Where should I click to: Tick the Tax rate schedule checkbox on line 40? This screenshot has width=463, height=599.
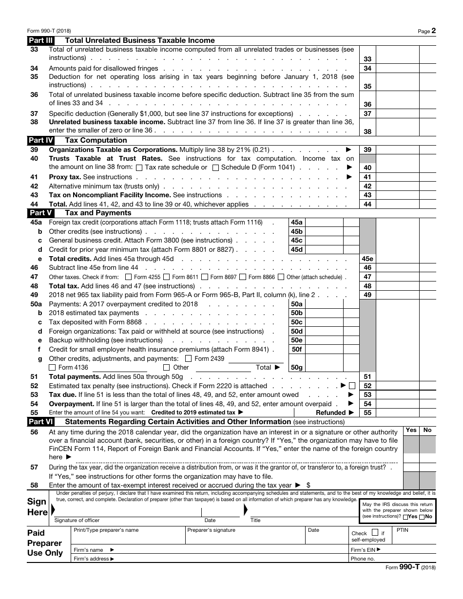139,168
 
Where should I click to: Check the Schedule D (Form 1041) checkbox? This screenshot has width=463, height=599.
215,168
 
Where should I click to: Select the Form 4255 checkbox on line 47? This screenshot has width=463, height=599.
129,277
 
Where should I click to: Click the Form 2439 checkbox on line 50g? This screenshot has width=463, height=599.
189,358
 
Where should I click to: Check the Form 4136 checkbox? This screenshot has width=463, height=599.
52,368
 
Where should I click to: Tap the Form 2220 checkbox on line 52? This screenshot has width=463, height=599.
352,386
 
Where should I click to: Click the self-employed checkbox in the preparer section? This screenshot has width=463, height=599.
375,533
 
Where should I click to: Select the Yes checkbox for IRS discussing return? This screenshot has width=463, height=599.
406,517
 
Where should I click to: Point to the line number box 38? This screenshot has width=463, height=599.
367,131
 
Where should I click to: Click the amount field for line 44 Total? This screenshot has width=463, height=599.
398,204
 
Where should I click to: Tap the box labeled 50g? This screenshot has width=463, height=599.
296,368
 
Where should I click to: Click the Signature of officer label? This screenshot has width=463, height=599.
77,520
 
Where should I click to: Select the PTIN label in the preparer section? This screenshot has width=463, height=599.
403,529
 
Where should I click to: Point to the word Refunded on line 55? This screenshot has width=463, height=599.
331,412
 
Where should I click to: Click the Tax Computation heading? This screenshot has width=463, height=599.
96,140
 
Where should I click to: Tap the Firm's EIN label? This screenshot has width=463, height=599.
364,550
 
